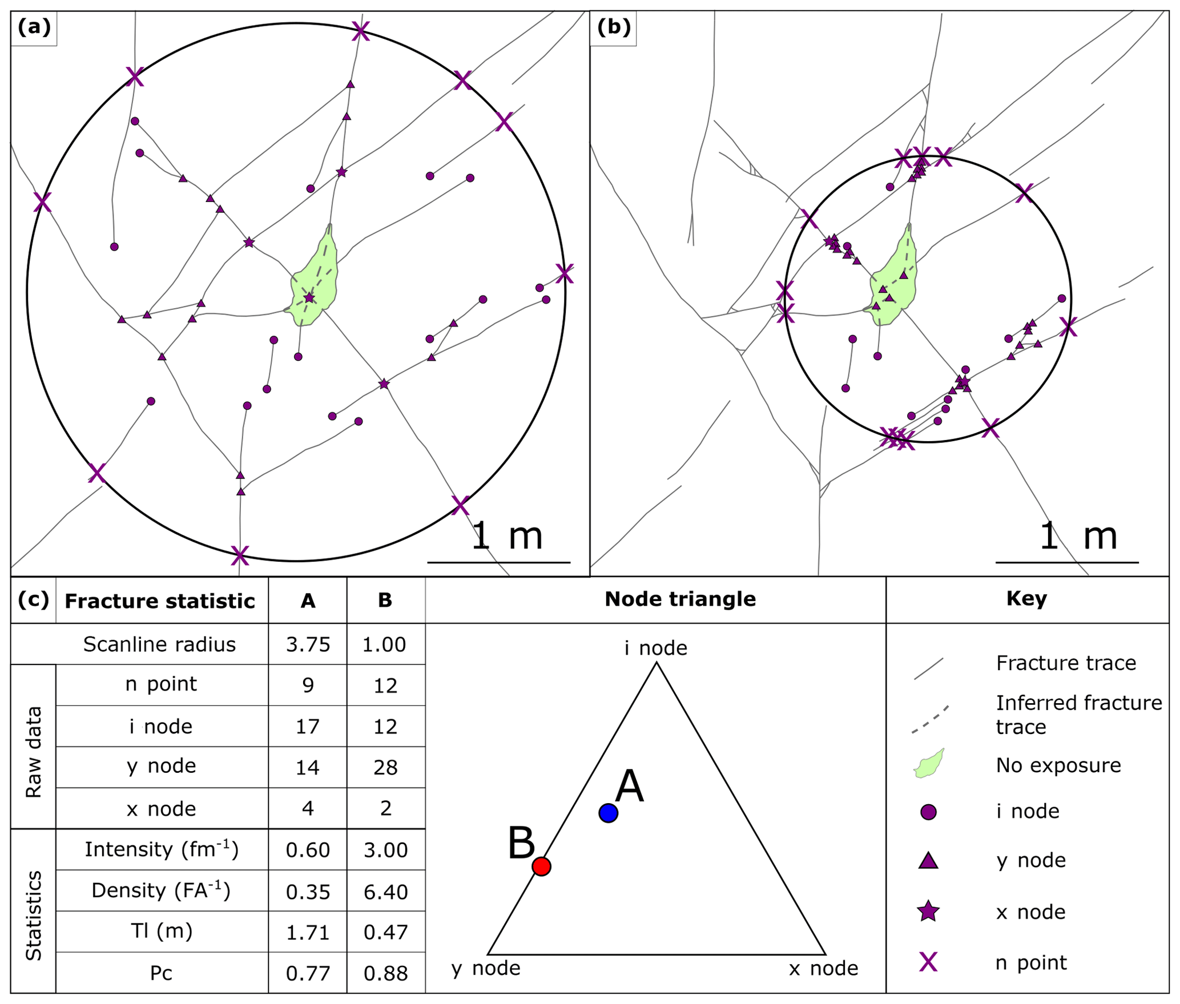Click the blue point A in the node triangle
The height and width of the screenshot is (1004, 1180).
click(608, 812)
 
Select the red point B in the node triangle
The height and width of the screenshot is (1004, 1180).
click(541, 866)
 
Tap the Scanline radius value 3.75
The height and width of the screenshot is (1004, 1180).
click(308, 644)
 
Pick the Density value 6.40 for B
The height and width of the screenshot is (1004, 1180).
click(385, 892)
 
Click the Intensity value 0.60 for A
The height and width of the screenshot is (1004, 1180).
click(308, 850)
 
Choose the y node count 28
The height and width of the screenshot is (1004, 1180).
click(385, 768)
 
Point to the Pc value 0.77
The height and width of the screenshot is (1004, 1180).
click(308, 974)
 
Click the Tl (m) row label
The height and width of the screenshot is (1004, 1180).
click(162, 932)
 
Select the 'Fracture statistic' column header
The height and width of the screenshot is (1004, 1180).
click(160, 601)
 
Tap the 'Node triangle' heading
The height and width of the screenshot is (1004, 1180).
click(680, 599)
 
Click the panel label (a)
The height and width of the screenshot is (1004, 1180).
click(34, 27)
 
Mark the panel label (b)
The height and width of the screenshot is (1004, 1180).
click(613, 27)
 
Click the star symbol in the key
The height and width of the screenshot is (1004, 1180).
click(928, 912)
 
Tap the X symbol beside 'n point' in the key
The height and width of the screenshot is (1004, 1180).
click(928, 962)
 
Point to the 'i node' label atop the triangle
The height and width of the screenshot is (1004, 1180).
click(655, 648)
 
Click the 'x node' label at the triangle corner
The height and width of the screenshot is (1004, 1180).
click(823, 969)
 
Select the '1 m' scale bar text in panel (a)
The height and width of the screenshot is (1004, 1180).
click(507, 535)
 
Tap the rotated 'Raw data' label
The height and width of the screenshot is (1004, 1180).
click(34, 752)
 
